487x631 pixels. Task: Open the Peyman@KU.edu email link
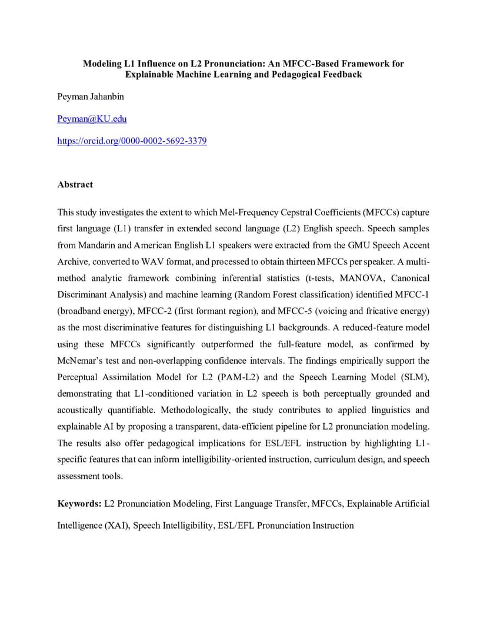pyautogui.click(x=92, y=119)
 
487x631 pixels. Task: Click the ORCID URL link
pyautogui.click(x=132, y=141)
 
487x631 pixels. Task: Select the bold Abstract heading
pyautogui.click(x=75, y=184)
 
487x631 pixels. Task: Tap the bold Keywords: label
pyautogui.click(x=79, y=503)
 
